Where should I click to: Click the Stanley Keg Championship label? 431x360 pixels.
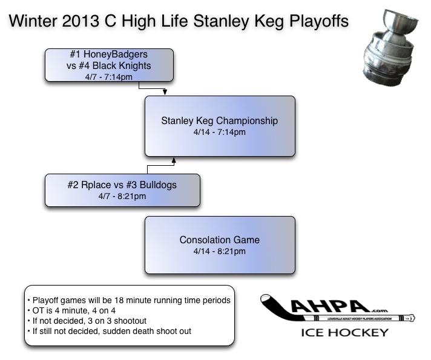pos(219,120)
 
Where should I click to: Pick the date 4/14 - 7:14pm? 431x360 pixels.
pos(219,132)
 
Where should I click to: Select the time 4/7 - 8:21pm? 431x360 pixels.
pos(122,196)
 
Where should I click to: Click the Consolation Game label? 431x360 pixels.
pos(219,240)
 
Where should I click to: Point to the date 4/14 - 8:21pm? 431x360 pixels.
pos(219,251)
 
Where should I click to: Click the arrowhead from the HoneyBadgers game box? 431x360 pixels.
pos(165,93)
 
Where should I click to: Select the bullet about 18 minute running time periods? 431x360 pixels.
pos(128,301)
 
